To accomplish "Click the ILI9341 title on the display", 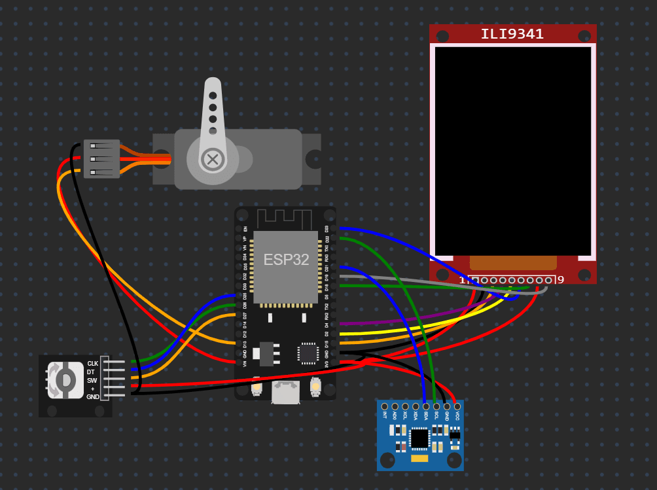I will point(512,34).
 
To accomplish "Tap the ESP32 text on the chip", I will point(286,259).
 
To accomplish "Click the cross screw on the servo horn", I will point(212,158).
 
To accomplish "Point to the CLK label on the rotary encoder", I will point(93,363).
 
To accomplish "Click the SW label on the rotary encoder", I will point(92,380).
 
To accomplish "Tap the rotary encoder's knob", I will point(65,380).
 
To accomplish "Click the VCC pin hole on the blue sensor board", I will point(457,407).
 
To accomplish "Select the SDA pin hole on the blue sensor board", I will point(426,407).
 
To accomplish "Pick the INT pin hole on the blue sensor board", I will point(385,407).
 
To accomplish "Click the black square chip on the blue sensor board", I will point(419,438).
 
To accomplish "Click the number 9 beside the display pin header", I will point(561,280).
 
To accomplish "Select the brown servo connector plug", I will point(102,159).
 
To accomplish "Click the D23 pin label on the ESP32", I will point(327,229).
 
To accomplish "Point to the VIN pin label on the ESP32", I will point(245,363).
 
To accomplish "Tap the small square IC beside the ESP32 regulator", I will point(308,353).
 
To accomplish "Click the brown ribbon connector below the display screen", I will point(513,263).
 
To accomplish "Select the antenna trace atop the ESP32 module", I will point(285,219).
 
